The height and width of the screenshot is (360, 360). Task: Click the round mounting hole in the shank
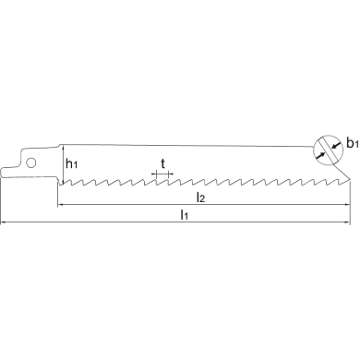[x=31, y=162]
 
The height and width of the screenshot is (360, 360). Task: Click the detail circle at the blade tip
[x=328, y=151]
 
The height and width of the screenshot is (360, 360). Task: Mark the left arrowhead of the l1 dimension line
[x=5, y=222]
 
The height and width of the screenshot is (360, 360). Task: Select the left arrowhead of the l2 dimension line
[x=61, y=204]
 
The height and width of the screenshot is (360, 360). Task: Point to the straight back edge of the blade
[x=185, y=149]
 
